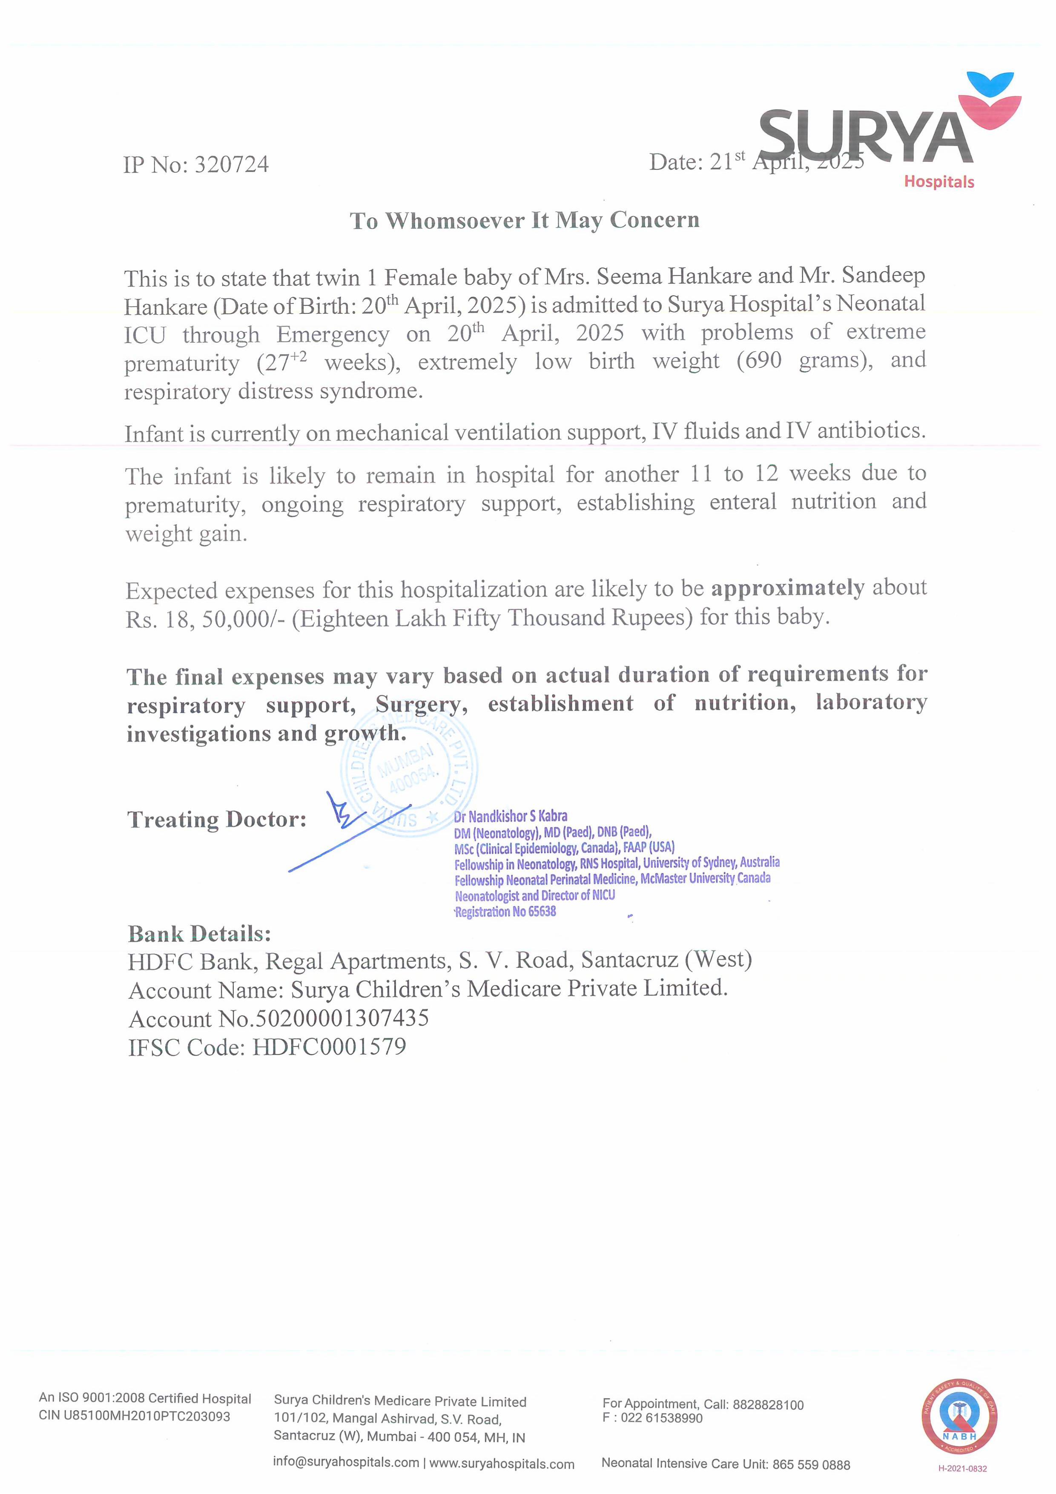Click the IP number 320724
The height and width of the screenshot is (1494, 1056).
point(232,165)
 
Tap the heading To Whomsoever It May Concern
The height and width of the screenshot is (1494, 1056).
point(525,221)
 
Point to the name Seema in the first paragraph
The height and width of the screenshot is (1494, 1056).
point(629,277)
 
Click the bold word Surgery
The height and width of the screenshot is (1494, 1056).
point(421,705)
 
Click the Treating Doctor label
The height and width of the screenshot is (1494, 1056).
point(217,819)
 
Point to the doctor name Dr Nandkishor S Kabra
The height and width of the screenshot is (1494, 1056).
point(511,816)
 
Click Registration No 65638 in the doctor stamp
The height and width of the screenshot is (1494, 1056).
point(505,912)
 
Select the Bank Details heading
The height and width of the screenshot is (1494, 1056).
point(199,934)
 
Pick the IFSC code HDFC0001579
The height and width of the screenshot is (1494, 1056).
point(329,1047)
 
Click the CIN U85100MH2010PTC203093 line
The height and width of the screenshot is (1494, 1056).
point(134,1417)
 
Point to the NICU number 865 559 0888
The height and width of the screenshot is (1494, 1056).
point(811,1465)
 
